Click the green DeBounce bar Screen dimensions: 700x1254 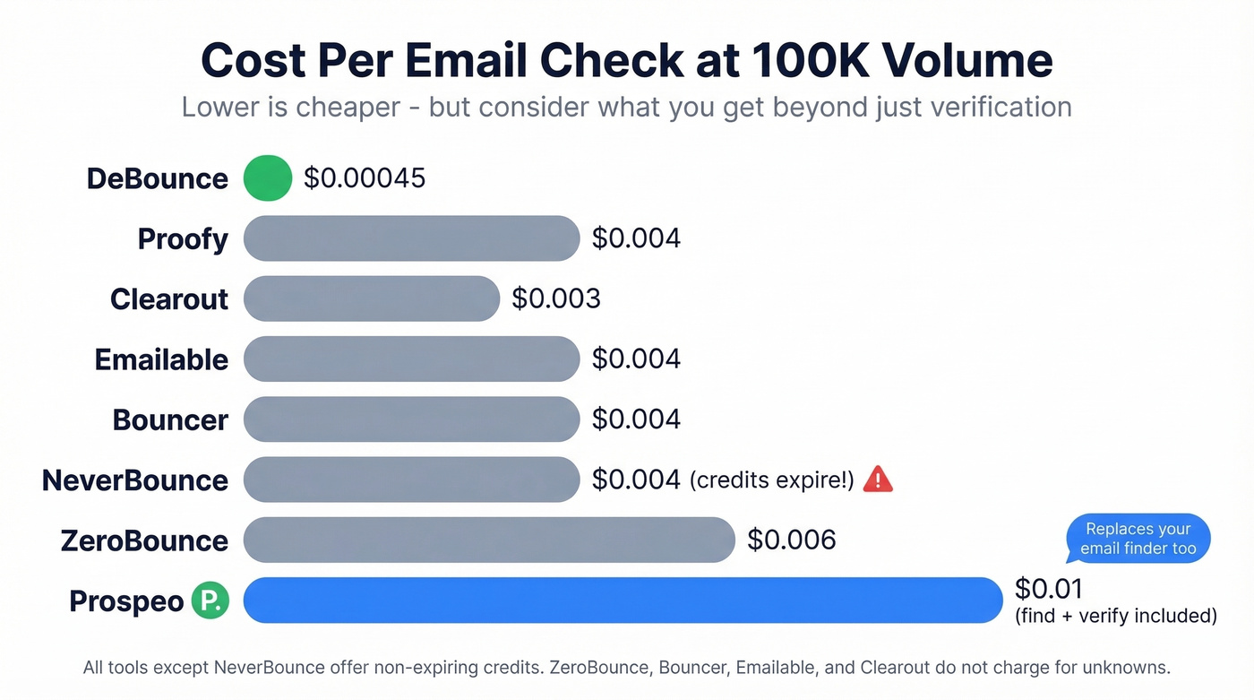[268, 177]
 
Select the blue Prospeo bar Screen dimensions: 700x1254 [623, 600]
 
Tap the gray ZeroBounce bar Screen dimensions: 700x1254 [489, 540]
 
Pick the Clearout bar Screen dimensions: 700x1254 [371, 298]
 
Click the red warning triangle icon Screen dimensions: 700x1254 [878, 480]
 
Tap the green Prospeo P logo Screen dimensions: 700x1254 [210, 601]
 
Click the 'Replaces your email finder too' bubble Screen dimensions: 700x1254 [1138, 539]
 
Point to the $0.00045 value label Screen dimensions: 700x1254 [365, 178]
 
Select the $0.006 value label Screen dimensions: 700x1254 [792, 540]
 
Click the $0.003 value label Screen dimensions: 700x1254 [556, 298]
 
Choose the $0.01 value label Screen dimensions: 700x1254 [1048, 589]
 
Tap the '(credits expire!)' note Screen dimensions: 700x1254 [772, 480]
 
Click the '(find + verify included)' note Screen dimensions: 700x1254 [1115, 616]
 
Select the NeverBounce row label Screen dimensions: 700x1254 [135, 480]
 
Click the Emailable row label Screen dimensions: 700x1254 [161, 359]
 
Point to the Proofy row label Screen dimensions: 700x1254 [183, 239]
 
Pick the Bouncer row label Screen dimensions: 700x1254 [170, 419]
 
